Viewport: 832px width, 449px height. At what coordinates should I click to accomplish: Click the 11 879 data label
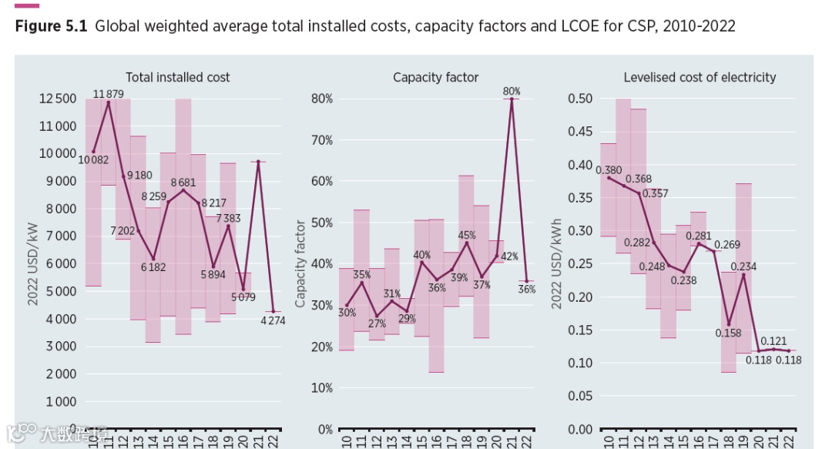[x=109, y=94]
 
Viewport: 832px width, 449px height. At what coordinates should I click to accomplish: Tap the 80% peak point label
[x=512, y=91]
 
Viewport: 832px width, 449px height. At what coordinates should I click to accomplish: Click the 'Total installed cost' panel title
[x=178, y=77]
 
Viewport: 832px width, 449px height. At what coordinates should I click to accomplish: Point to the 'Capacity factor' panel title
[x=435, y=77]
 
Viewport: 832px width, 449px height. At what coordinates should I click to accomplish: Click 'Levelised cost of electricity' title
[x=699, y=77]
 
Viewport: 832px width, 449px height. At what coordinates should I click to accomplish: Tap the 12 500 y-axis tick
[x=58, y=99]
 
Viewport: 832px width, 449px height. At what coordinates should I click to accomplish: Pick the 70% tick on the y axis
[x=321, y=140]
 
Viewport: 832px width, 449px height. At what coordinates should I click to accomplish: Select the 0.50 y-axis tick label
[x=579, y=99]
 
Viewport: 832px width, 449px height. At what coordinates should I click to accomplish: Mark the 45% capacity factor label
[x=467, y=235]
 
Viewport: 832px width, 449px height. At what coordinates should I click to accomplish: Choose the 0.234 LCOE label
[x=743, y=267]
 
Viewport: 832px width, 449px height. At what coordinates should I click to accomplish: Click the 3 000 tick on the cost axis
[x=59, y=347]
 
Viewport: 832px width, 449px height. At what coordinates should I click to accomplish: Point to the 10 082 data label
[x=93, y=159]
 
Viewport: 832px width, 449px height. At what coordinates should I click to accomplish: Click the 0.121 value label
[x=773, y=340]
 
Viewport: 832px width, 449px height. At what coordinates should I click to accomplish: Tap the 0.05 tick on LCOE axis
[x=579, y=396]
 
